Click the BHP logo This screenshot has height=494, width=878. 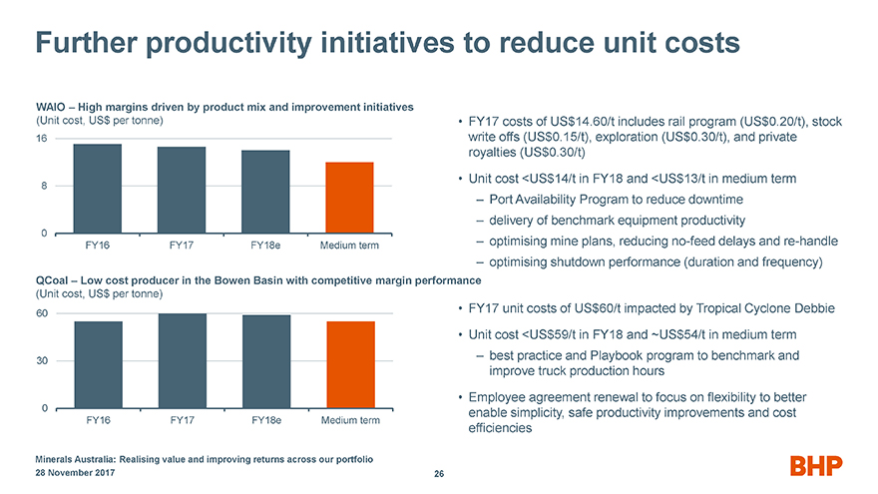(x=816, y=465)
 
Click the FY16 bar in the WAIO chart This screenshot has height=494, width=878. (x=98, y=189)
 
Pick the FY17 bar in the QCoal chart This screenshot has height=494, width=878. (x=182, y=361)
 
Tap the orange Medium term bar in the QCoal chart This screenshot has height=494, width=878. (x=349, y=365)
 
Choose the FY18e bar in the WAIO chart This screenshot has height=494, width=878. (x=265, y=192)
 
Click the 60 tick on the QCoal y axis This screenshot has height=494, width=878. (x=42, y=313)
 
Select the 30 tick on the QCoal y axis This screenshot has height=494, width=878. (x=42, y=361)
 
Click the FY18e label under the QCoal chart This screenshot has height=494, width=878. (x=265, y=420)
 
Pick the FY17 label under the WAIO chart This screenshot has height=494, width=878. (x=182, y=246)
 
